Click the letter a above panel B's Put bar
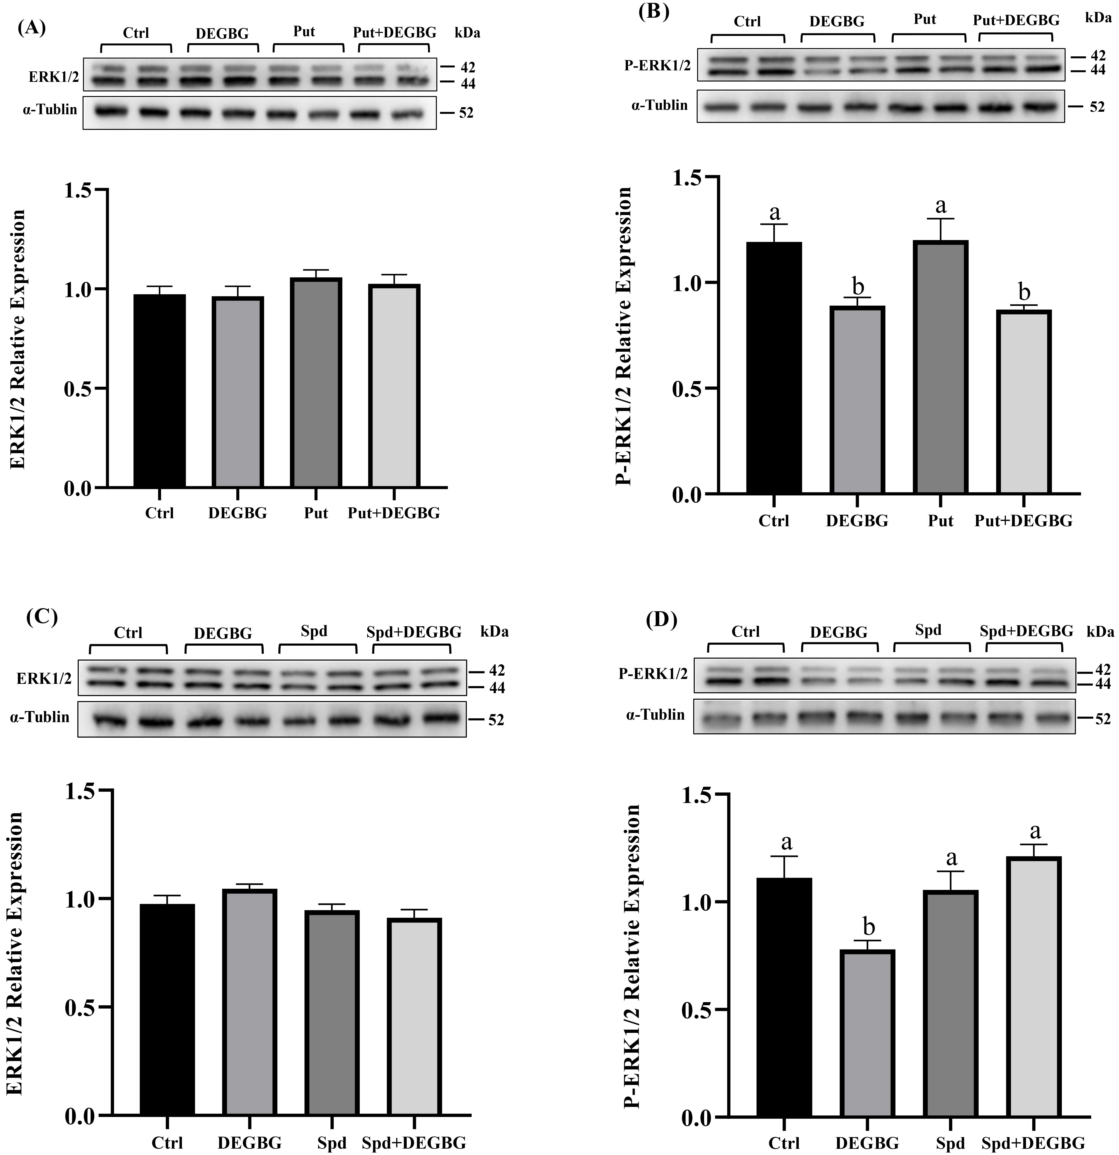click(941, 206)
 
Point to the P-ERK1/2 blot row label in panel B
click(657, 65)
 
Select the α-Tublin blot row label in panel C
click(39, 717)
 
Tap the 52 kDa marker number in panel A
click(466, 113)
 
